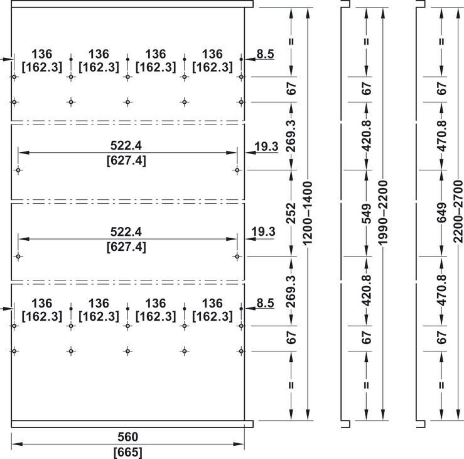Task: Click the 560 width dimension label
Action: point(127,437)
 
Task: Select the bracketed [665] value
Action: point(128,453)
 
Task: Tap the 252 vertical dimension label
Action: point(291,213)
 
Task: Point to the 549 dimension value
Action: point(366,213)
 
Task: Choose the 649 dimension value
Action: point(441,213)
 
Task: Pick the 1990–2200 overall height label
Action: point(383,213)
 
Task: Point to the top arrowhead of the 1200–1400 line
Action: point(308,13)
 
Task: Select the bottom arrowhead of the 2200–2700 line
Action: point(458,414)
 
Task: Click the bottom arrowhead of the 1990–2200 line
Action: point(383,414)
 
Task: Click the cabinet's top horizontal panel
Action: point(132,4)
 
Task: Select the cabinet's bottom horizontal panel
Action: point(132,424)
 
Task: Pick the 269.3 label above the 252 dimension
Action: point(291,136)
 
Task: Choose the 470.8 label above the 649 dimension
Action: point(441,136)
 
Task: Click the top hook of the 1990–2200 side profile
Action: point(345,4)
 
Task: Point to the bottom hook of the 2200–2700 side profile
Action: point(421,424)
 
